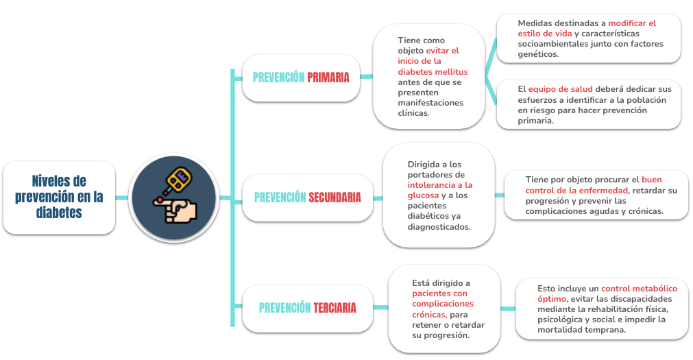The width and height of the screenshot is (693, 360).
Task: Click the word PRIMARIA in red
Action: click(328, 77)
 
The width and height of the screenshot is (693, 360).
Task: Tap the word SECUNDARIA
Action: click(335, 197)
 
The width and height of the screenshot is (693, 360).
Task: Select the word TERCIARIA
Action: click(335, 308)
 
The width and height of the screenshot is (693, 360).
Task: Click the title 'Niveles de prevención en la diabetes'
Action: click(59, 197)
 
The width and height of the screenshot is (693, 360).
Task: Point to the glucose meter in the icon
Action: click(177, 180)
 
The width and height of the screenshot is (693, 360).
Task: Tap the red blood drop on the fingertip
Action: click(159, 200)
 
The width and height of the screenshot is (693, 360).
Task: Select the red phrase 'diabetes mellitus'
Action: click(433, 71)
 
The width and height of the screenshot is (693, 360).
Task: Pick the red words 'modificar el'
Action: click(632, 23)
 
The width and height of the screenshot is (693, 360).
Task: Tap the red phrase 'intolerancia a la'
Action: click(440, 185)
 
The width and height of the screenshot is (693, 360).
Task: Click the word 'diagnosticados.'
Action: click(439, 227)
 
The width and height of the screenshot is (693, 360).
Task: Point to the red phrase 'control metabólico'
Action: click(639, 289)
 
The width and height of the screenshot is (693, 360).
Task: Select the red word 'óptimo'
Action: click(552, 300)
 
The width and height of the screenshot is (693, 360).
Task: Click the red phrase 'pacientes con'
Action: click(439, 293)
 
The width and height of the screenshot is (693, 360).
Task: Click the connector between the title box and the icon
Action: click(121, 197)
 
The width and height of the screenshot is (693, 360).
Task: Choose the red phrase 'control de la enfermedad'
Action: click(576, 191)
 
